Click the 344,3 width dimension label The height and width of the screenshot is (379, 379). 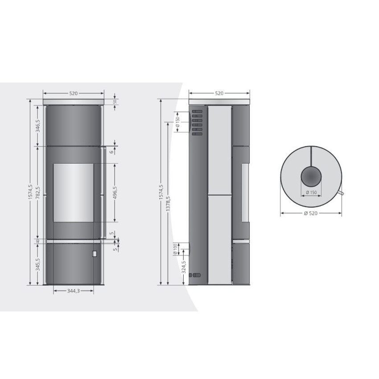(x=73, y=291)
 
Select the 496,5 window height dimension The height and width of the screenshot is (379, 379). (x=115, y=193)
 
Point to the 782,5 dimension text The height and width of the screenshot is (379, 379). (x=38, y=193)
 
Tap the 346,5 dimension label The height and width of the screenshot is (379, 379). (x=38, y=126)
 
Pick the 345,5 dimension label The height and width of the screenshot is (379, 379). (x=38, y=264)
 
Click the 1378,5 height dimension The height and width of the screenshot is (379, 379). (x=168, y=203)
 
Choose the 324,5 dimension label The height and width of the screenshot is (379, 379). (x=184, y=267)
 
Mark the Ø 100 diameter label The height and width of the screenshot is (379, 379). (x=175, y=249)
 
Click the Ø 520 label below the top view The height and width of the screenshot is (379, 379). (x=311, y=213)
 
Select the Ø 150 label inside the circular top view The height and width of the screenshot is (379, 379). (x=311, y=193)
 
